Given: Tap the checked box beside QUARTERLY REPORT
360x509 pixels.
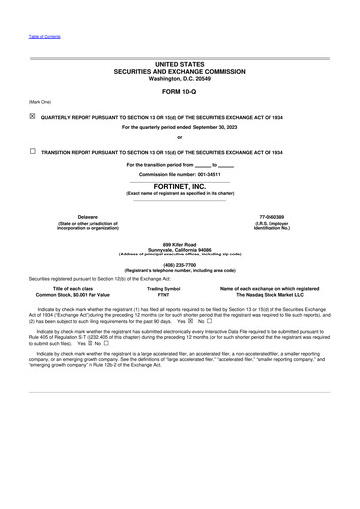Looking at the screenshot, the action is pos(33,114).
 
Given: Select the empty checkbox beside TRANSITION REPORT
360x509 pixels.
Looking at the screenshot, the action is pos(33,152).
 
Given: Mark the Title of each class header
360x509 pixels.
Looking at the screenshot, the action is pos(73,288).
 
